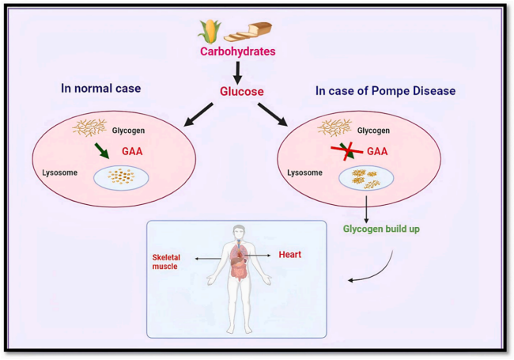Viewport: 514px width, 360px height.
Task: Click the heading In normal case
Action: click(102, 88)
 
